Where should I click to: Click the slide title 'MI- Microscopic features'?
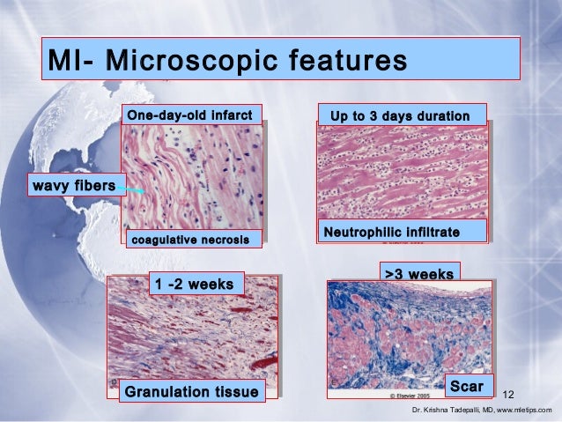[227, 63]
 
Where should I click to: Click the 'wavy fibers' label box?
[73, 186]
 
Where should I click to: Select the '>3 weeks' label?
[418, 274]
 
